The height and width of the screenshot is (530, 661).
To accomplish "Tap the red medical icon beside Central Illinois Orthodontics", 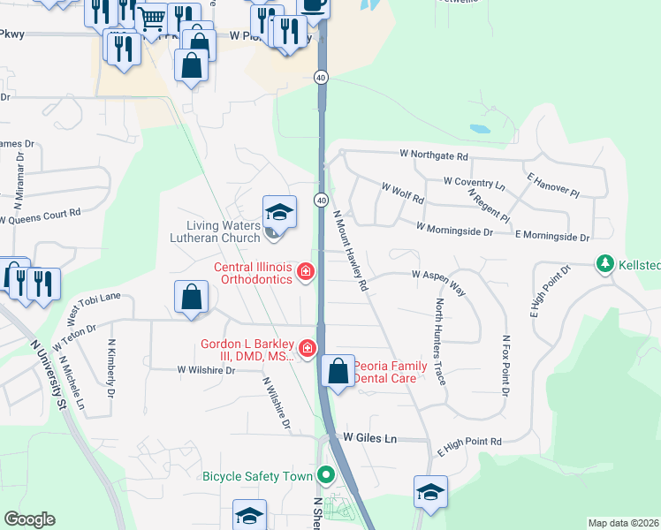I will click(x=305, y=271).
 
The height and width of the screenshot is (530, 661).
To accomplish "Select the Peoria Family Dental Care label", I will click(x=391, y=372).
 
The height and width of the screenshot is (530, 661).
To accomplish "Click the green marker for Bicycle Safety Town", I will click(x=325, y=476).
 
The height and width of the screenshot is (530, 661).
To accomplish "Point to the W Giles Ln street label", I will click(x=370, y=437).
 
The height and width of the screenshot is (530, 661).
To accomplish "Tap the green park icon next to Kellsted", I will click(x=605, y=263).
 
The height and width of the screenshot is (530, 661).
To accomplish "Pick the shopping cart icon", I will click(x=152, y=17).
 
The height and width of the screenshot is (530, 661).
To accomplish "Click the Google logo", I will click(x=29, y=519).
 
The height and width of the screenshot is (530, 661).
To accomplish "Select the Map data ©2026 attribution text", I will click(x=623, y=523).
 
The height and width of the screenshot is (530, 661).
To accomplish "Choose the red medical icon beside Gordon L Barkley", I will click(x=308, y=350).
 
